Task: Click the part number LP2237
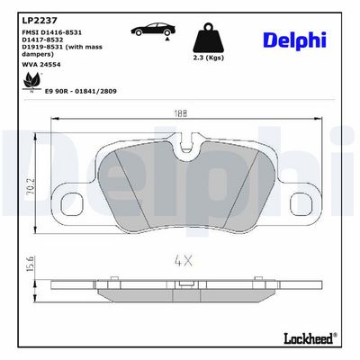coord(40,21)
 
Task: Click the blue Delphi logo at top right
coord(294,40)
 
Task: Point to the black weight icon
coord(209,38)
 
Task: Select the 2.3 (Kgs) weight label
coord(209,58)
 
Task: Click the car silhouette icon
coord(153,29)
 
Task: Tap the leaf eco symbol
coord(31,82)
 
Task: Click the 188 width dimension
coord(180,113)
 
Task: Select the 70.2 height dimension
coord(31,186)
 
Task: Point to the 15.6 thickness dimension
coord(31,264)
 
